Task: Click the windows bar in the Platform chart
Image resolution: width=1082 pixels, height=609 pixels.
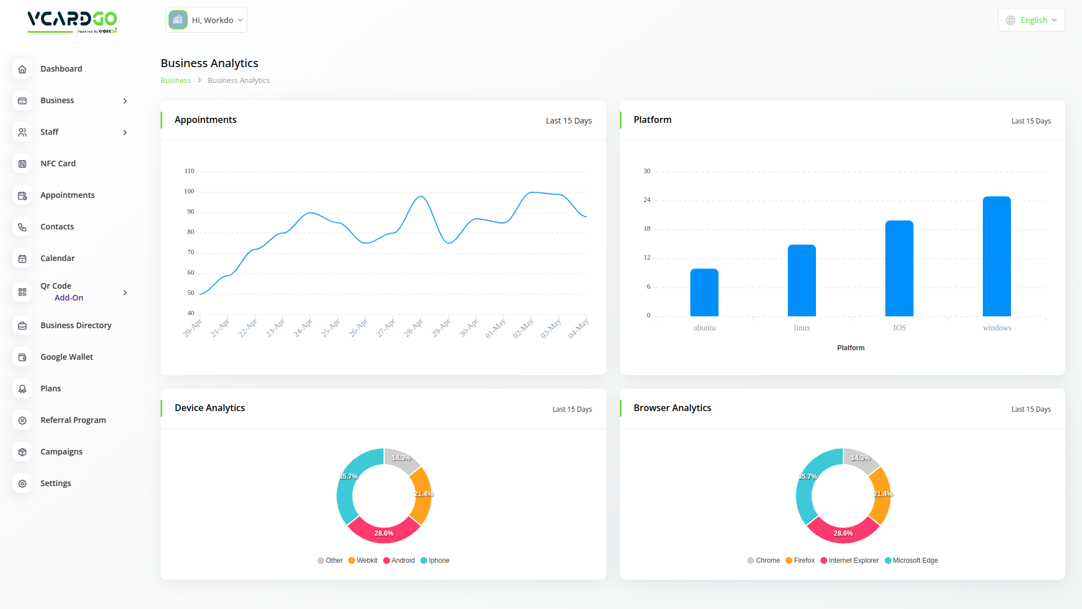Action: [x=996, y=257]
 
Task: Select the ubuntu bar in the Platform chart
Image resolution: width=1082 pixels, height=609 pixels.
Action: [x=704, y=293]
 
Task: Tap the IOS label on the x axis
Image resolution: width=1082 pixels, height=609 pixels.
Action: [x=899, y=328]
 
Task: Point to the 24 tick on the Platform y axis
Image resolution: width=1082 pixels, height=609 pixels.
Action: [x=647, y=200]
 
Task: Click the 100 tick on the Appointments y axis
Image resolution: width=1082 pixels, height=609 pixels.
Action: [x=189, y=191]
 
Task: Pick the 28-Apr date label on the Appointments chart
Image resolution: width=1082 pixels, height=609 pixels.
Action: [x=414, y=328]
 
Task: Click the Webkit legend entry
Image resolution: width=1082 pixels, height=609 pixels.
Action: [x=363, y=561]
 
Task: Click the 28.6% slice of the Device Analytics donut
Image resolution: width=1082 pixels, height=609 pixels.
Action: [x=384, y=532]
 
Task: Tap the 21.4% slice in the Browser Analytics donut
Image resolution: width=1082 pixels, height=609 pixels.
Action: [x=880, y=495]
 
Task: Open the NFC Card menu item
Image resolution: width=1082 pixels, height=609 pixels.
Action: [x=58, y=164]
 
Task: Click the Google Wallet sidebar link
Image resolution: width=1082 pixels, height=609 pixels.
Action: [x=66, y=357]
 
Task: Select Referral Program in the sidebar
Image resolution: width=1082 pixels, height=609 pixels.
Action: [x=73, y=420]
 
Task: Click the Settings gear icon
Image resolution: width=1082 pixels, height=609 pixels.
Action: [x=23, y=484]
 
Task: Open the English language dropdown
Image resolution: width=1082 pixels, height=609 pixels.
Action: [x=1031, y=20]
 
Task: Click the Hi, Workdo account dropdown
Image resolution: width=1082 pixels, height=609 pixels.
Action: [x=206, y=20]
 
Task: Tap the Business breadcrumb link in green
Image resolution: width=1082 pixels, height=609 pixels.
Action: [x=175, y=81]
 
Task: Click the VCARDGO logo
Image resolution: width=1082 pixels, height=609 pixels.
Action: [x=72, y=21]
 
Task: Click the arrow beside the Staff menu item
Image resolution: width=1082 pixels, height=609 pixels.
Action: [x=125, y=133]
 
